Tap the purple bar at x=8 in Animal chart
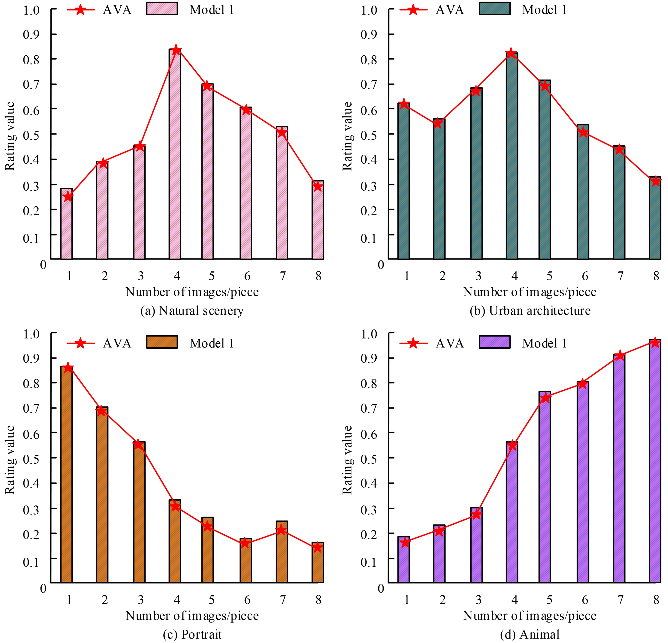pos(655,460)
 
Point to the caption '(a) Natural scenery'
pos(192,311)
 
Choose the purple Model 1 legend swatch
pos(495,342)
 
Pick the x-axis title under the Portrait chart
pos(192,615)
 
